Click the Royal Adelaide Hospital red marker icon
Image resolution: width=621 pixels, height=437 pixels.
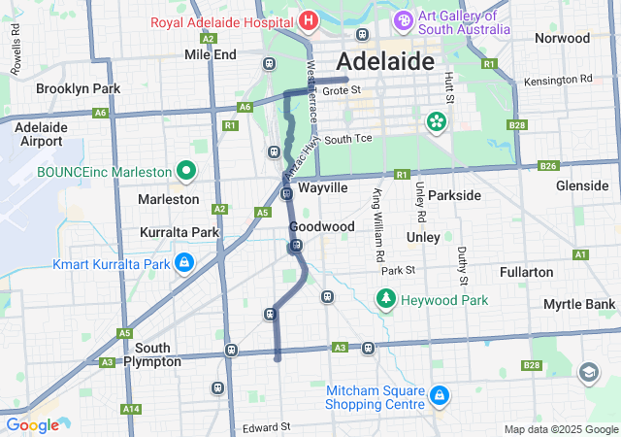click(x=308, y=19)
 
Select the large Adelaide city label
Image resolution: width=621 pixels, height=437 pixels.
click(x=384, y=61)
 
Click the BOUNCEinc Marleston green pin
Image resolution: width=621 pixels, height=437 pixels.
click(x=187, y=172)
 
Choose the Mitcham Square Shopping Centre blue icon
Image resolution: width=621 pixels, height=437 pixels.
click(x=439, y=395)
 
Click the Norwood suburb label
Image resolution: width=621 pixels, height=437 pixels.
click(x=562, y=39)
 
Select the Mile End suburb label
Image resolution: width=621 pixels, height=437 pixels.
click(x=211, y=54)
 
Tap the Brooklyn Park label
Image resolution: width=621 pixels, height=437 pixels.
click(x=78, y=88)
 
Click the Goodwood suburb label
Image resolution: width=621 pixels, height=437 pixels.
click(x=321, y=226)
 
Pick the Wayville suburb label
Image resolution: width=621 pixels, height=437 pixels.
click(x=323, y=187)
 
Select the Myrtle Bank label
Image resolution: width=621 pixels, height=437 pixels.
click(x=579, y=305)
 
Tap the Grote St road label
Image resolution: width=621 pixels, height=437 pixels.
click(x=342, y=90)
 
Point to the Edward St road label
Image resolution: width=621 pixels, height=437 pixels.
click(x=267, y=427)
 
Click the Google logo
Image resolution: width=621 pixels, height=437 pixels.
click(x=32, y=425)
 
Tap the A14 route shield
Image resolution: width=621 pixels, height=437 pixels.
click(x=130, y=409)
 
